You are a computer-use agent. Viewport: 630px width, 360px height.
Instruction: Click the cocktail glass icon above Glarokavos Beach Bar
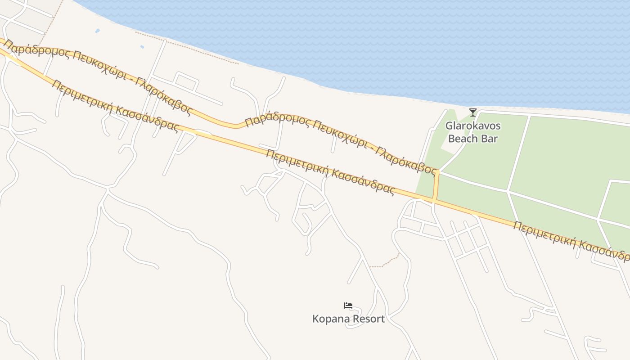(472, 112)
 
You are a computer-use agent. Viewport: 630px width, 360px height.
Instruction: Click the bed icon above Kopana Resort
(348, 306)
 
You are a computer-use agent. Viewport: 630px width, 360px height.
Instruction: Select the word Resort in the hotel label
(368, 319)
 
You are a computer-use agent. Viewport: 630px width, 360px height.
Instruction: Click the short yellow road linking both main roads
(436, 186)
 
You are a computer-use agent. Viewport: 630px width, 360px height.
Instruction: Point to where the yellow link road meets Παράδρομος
(437, 172)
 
